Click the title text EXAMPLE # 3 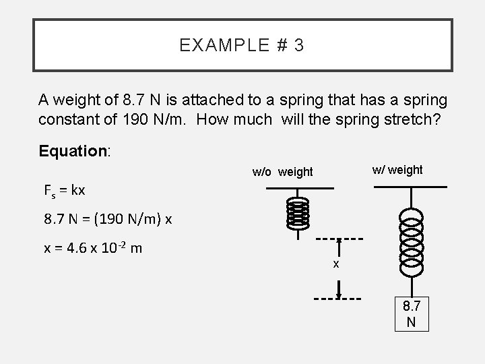click(x=242, y=46)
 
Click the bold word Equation click(x=73, y=150)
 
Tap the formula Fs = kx click(x=65, y=190)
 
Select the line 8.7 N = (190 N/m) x click(x=108, y=219)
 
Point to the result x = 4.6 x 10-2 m click(x=93, y=248)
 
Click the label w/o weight click(x=283, y=172)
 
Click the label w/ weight click(x=397, y=169)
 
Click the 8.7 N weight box click(x=411, y=313)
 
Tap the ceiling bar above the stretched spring click(x=411, y=185)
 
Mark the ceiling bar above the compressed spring click(x=298, y=189)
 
